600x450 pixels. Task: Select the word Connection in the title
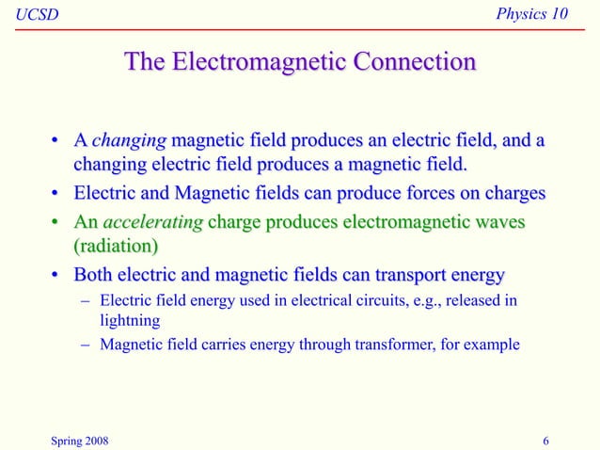tap(414, 63)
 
